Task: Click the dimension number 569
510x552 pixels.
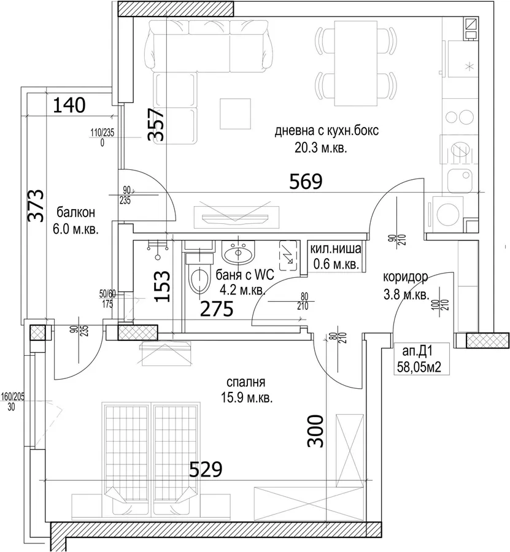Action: (306, 182)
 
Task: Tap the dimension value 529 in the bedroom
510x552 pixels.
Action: (206, 469)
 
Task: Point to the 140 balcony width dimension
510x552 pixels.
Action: (69, 105)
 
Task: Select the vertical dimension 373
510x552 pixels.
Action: (36, 205)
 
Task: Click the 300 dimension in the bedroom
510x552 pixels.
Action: (315, 431)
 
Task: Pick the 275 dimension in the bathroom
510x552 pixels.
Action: (217, 309)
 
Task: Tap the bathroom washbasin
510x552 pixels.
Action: (238, 253)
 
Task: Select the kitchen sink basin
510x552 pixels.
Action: (460, 180)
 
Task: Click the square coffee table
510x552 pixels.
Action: (236, 113)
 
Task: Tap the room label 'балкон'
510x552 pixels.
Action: (75, 213)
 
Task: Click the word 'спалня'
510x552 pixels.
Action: (246, 382)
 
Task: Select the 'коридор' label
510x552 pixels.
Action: (406, 277)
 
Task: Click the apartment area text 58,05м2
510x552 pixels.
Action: (419, 367)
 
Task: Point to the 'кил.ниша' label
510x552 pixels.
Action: (335, 249)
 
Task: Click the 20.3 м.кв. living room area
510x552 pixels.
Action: (321, 148)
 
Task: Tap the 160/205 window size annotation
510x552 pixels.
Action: (13, 397)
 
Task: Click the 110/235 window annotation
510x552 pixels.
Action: (102, 133)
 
